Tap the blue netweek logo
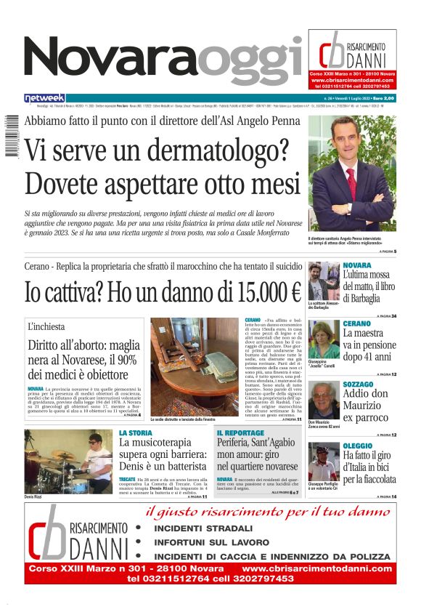tap(44, 97)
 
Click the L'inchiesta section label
tap(46, 327)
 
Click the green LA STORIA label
tap(136, 432)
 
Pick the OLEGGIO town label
tap(358, 446)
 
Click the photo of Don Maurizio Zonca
tap(323, 400)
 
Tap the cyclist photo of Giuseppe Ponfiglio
tap(323, 462)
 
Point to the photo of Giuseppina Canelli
tap(323, 339)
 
